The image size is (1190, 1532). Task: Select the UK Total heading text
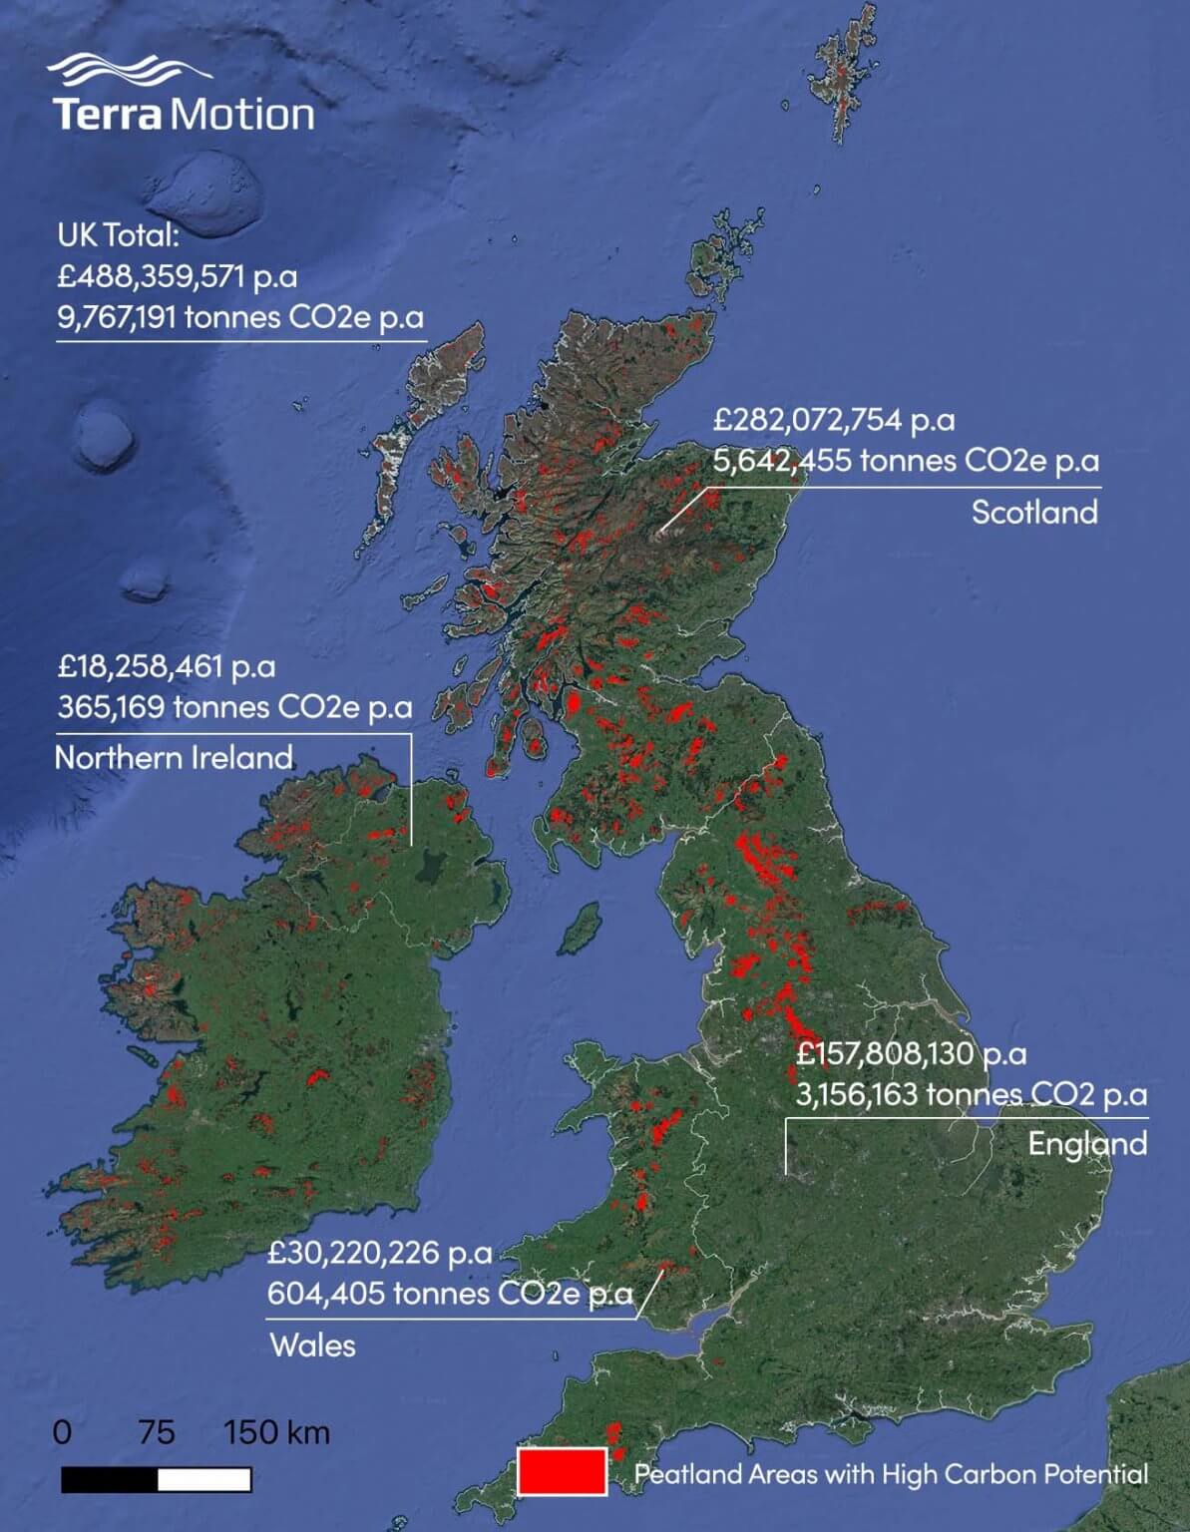point(118,235)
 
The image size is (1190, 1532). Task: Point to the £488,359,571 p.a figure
point(177,276)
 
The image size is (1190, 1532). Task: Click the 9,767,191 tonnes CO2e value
point(239,317)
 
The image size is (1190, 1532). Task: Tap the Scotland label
point(1034,512)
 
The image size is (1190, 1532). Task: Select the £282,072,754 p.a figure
point(834,420)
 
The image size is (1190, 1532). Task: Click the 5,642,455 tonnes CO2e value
point(906,461)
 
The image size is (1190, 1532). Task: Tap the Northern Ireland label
point(174,757)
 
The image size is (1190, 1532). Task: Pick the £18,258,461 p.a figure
point(167,665)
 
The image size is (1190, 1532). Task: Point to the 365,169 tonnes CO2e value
point(234,707)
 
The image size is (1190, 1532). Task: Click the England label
point(1087,1143)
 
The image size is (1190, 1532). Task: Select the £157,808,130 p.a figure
point(911,1053)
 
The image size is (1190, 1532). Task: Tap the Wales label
point(312,1345)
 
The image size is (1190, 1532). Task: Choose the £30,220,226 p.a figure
point(379,1253)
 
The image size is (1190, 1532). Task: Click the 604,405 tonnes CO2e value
point(449,1294)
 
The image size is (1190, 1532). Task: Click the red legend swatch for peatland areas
point(562,1472)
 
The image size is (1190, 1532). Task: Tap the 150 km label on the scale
point(276,1432)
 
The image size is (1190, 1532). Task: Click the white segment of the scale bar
point(203,1479)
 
